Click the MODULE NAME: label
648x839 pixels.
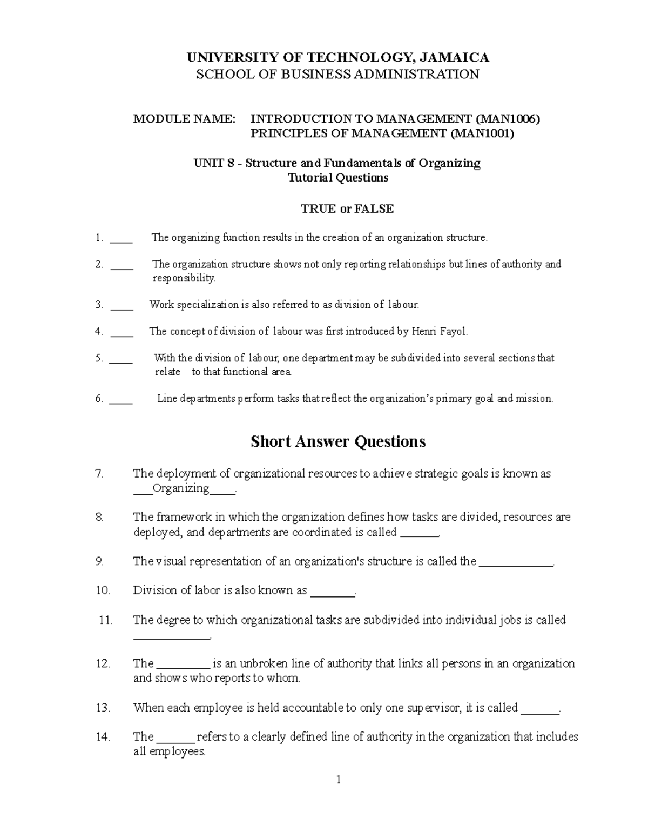click(185, 119)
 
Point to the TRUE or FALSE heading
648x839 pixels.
click(347, 209)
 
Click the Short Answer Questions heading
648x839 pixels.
click(338, 442)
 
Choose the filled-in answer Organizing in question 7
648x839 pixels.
click(181, 489)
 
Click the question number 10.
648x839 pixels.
click(103, 590)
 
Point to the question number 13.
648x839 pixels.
click(103, 708)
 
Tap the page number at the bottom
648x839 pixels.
click(338, 780)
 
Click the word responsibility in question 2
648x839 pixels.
click(184, 279)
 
